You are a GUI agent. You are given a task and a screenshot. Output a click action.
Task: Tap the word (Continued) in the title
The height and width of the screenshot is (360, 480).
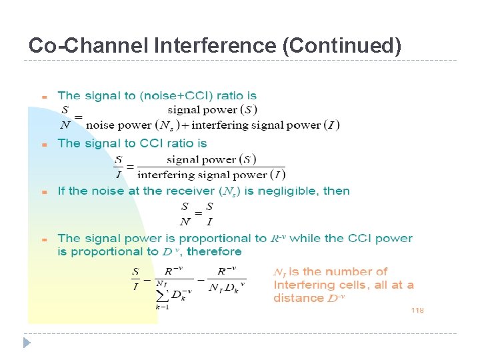pyautogui.click(x=342, y=46)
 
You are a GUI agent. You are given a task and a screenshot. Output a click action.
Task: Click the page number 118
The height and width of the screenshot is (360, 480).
pyautogui.click(x=417, y=311)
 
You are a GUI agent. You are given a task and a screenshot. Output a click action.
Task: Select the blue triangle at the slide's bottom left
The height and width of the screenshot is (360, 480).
pyautogui.click(x=27, y=343)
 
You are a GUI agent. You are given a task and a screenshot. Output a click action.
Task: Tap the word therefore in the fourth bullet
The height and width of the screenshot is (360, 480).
pyautogui.click(x=215, y=252)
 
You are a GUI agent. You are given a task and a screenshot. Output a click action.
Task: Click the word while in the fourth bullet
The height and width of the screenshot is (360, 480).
pyautogui.click(x=305, y=238)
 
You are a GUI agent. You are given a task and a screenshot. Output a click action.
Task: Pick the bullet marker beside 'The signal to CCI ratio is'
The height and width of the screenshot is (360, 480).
pyautogui.click(x=43, y=144)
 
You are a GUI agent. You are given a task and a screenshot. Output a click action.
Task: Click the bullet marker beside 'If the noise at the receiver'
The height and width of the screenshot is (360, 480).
pyautogui.click(x=43, y=192)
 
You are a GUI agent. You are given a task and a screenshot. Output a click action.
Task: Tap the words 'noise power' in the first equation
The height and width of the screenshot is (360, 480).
pyautogui.click(x=119, y=125)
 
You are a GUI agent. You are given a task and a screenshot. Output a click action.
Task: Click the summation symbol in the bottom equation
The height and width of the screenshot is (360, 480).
pyautogui.click(x=162, y=293)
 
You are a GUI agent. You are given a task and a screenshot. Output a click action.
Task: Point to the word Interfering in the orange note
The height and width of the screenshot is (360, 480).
pyautogui.click(x=303, y=285)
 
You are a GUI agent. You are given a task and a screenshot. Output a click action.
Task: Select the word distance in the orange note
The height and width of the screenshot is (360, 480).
pyautogui.click(x=299, y=298)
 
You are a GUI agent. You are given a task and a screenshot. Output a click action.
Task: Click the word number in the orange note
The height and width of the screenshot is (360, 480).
pyautogui.click(x=347, y=271)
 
